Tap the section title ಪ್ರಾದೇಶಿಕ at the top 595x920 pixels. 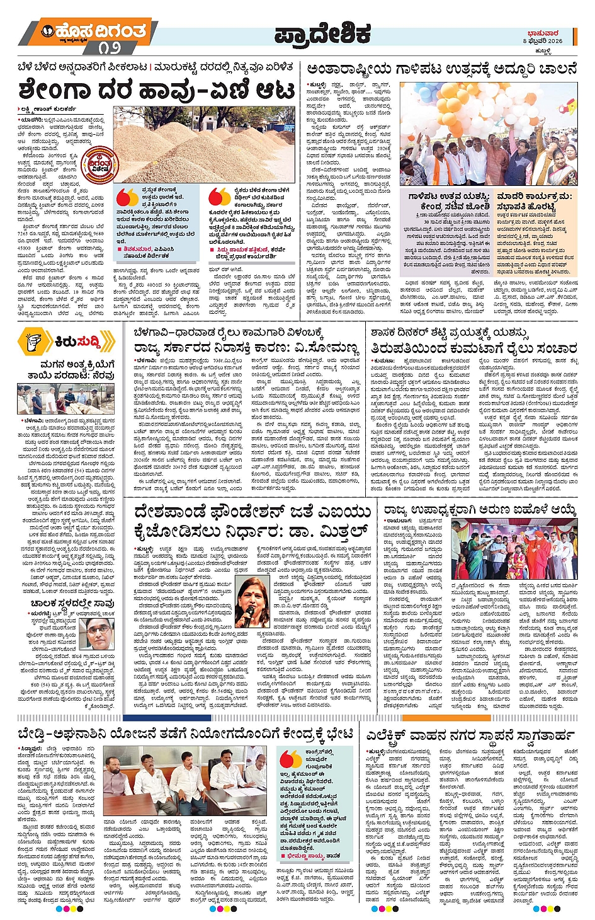click(x=322, y=36)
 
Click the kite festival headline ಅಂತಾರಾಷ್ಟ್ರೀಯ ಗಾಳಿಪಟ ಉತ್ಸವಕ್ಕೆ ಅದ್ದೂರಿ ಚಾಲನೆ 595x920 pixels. click(x=441, y=69)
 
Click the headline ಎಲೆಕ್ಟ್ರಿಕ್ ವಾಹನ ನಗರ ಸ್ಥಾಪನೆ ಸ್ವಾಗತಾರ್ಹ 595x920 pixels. click(x=470, y=735)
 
